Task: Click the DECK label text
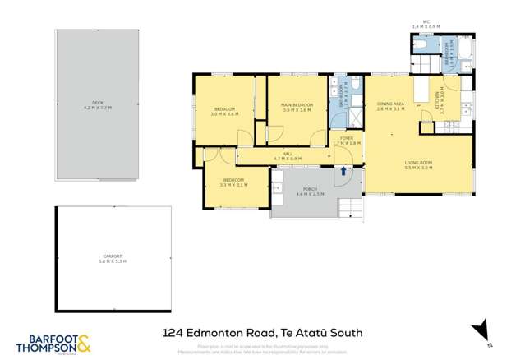point(97,106)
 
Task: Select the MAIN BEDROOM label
point(297,107)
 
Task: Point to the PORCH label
point(311,191)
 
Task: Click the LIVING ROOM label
point(418,164)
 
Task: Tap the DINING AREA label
point(391,106)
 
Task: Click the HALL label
point(288,155)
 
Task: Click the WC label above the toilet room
point(426,25)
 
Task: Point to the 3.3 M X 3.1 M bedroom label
point(234,182)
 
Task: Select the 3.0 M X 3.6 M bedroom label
point(225,112)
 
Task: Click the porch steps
point(351,205)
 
